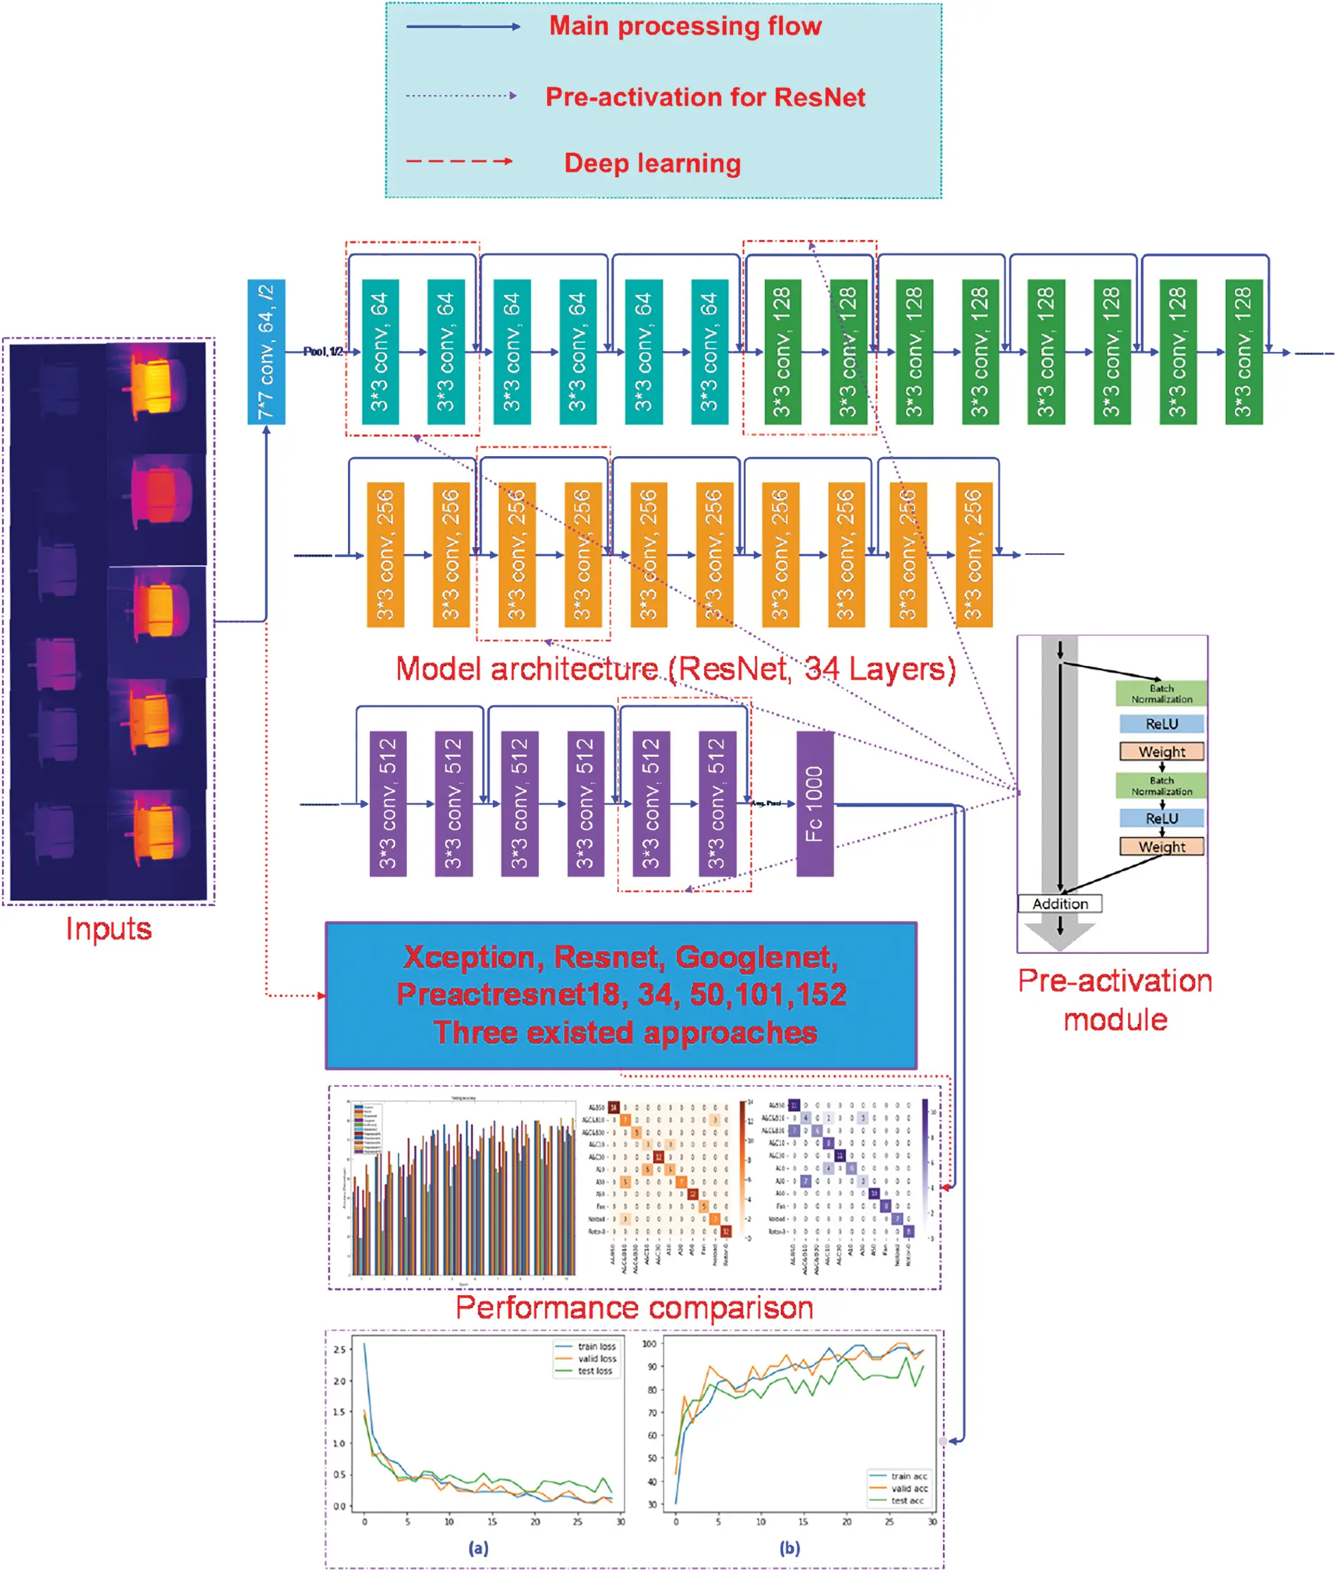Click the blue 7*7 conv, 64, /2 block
tap(266, 351)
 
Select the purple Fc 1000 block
tap(815, 803)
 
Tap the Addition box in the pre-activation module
tap(1060, 903)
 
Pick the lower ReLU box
tap(1161, 818)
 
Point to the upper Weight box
tap(1161, 751)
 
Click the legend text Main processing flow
tap(685, 27)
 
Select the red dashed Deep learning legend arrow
tap(459, 161)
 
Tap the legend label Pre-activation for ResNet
tap(705, 97)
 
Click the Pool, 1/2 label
tap(323, 351)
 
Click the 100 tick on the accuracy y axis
tap(649, 1344)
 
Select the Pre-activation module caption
tap(1114, 1000)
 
